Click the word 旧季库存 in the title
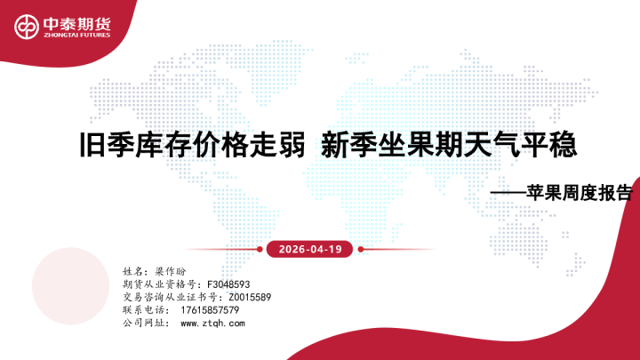[121, 143]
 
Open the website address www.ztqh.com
[212, 324]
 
